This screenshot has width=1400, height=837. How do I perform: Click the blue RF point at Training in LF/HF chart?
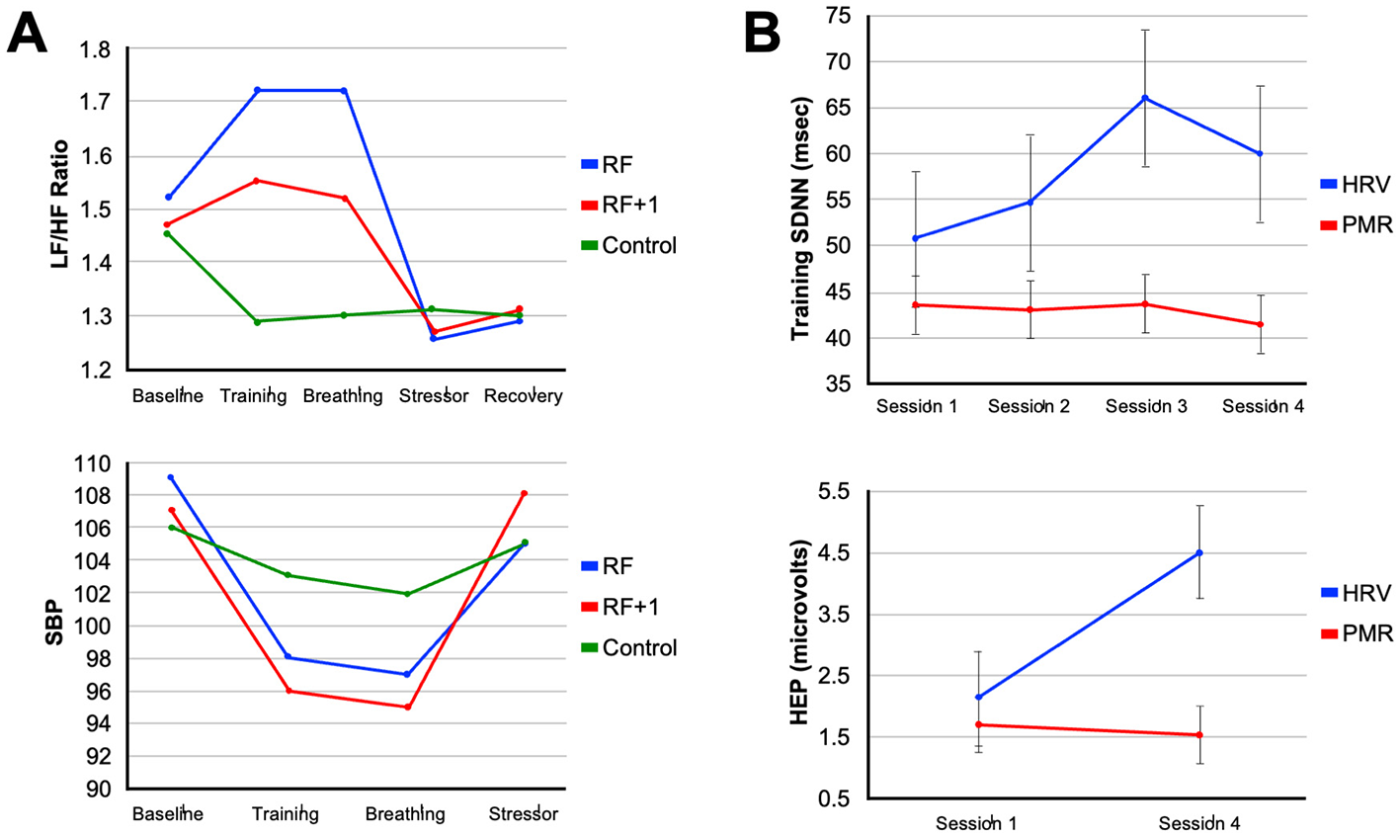pyautogui.click(x=257, y=90)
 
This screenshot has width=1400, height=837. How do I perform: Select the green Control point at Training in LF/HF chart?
pyautogui.click(x=257, y=321)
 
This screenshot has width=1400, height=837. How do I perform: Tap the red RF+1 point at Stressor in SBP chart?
pyautogui.click(x=524, y=493)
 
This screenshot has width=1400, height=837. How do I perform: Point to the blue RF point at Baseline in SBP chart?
pyautogui.click(x=170, y=477)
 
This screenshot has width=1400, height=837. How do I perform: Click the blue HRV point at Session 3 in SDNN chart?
pyautogui.click(x=1145, y=98)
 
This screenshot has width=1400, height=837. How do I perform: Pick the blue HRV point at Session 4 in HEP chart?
pyautogui.click(x=1199, y=552)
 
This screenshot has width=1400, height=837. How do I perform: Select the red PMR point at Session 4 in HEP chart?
pyautogui.click(x=1199, y=734)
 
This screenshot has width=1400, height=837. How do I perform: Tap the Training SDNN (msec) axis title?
pyautogui.click(x=800, y=218)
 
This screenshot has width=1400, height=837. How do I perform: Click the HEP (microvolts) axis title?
pyautogui.click(x=800, y=632)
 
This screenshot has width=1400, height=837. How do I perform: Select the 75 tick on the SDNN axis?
pyautogui.click(x=838, y=16)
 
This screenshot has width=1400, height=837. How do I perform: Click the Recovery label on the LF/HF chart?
pyautogui.click(x=523, y=396)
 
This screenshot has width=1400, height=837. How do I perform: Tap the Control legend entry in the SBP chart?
pyautogui.click(x=639, y=648)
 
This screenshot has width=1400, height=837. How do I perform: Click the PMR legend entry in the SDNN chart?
pyautogui.click(x=1367, y=225)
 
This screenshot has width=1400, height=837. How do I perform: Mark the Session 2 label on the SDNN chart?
pyautogui.click(x=1029, y=407)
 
